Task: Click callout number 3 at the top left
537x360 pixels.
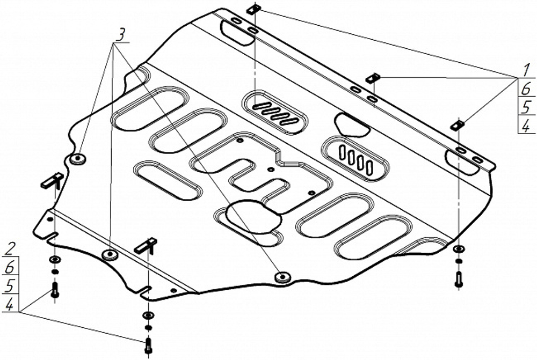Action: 121,34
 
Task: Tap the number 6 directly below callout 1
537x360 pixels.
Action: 525,89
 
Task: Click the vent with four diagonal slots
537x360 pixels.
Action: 275,112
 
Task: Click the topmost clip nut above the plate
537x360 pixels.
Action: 255,9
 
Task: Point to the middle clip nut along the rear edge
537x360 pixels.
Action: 373,78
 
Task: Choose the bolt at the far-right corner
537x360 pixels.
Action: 458,279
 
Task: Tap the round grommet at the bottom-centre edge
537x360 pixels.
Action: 281,277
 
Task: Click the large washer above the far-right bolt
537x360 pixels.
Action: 458,249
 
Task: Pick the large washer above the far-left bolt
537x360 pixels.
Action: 54,260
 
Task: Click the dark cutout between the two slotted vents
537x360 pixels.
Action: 352,124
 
